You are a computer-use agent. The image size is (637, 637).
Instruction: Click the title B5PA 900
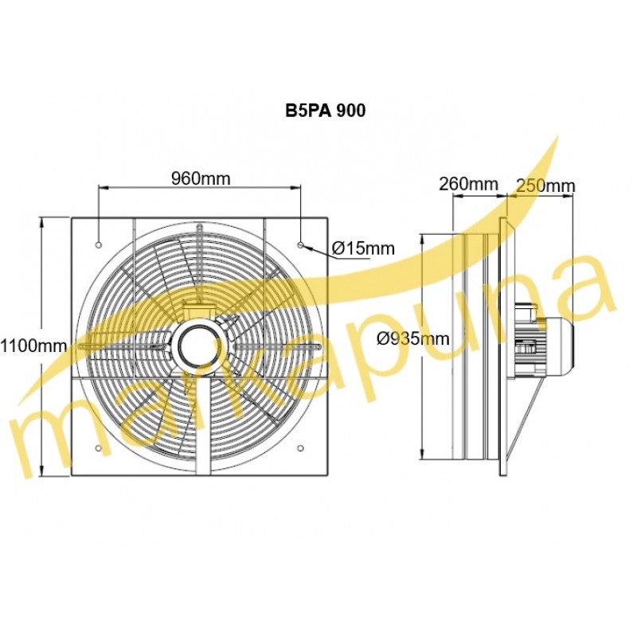(325, 111)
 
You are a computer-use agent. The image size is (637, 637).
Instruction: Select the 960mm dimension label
(201, 178)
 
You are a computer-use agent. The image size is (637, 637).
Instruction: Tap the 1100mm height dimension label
(33, 346)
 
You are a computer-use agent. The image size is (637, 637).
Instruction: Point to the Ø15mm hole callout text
(363, 248)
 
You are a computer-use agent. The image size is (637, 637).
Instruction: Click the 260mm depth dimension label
(468, 184)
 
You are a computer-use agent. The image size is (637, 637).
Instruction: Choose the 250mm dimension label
(546, 186)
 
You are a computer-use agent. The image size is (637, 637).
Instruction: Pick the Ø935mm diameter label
(413, 338)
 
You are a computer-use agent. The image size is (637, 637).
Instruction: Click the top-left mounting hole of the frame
(98, 245)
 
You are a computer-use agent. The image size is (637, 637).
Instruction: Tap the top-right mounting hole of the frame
(300, 245)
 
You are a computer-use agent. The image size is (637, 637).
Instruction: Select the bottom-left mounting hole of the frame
(98, 448)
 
